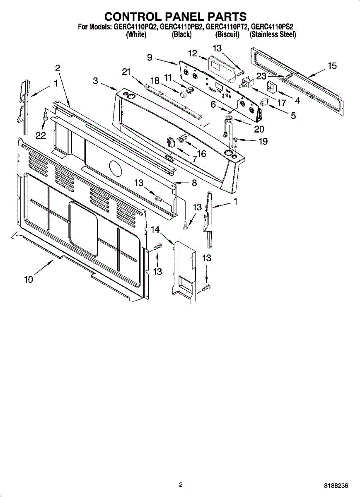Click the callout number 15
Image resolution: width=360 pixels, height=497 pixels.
click(332, 66)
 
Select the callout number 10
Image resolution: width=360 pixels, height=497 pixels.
click(28, 280)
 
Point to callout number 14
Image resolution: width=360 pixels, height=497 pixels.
click(155, 229)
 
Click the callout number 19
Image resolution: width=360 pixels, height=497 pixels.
click(263, 142)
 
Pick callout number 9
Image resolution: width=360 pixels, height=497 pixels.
click(150, 58)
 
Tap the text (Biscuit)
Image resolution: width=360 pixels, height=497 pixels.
click(227, 35)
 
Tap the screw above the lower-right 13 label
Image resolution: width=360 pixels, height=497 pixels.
click(206, 287)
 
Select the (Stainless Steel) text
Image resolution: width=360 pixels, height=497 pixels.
click(273, 35)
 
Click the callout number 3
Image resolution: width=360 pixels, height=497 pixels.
click(96, 81)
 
